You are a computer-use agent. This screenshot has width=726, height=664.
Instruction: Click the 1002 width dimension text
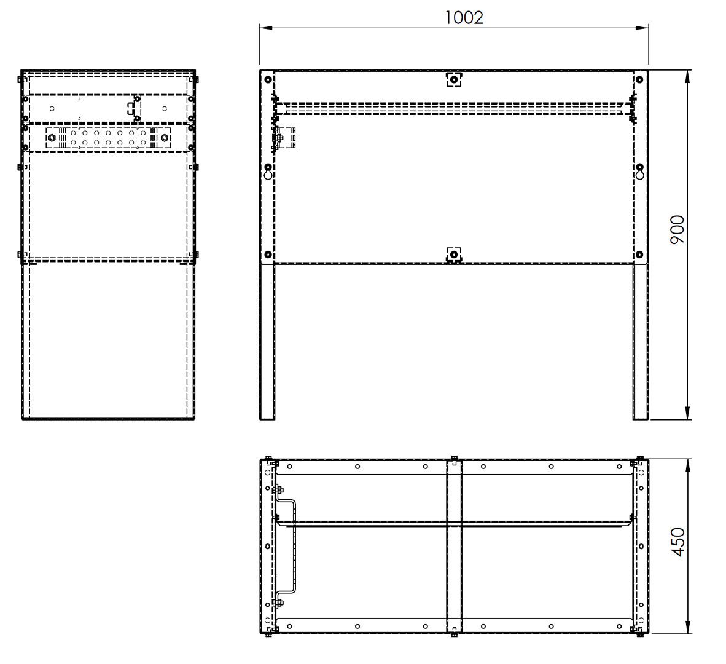[x=464, y=18]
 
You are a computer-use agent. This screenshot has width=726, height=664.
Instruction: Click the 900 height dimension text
[x=677, y=230]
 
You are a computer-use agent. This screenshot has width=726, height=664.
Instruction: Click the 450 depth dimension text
[x=677, y=542]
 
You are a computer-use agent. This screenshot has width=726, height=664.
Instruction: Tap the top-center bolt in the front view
[x=454, y=80]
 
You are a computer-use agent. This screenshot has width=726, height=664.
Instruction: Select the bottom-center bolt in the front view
[x=454, y=255]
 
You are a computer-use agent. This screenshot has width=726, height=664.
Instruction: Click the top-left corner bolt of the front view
[x=268, y=80]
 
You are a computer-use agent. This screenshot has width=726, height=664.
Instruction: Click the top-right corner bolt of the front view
[x=639, y=80]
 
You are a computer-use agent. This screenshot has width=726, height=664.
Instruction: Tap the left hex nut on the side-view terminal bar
[x=52, y=138]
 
